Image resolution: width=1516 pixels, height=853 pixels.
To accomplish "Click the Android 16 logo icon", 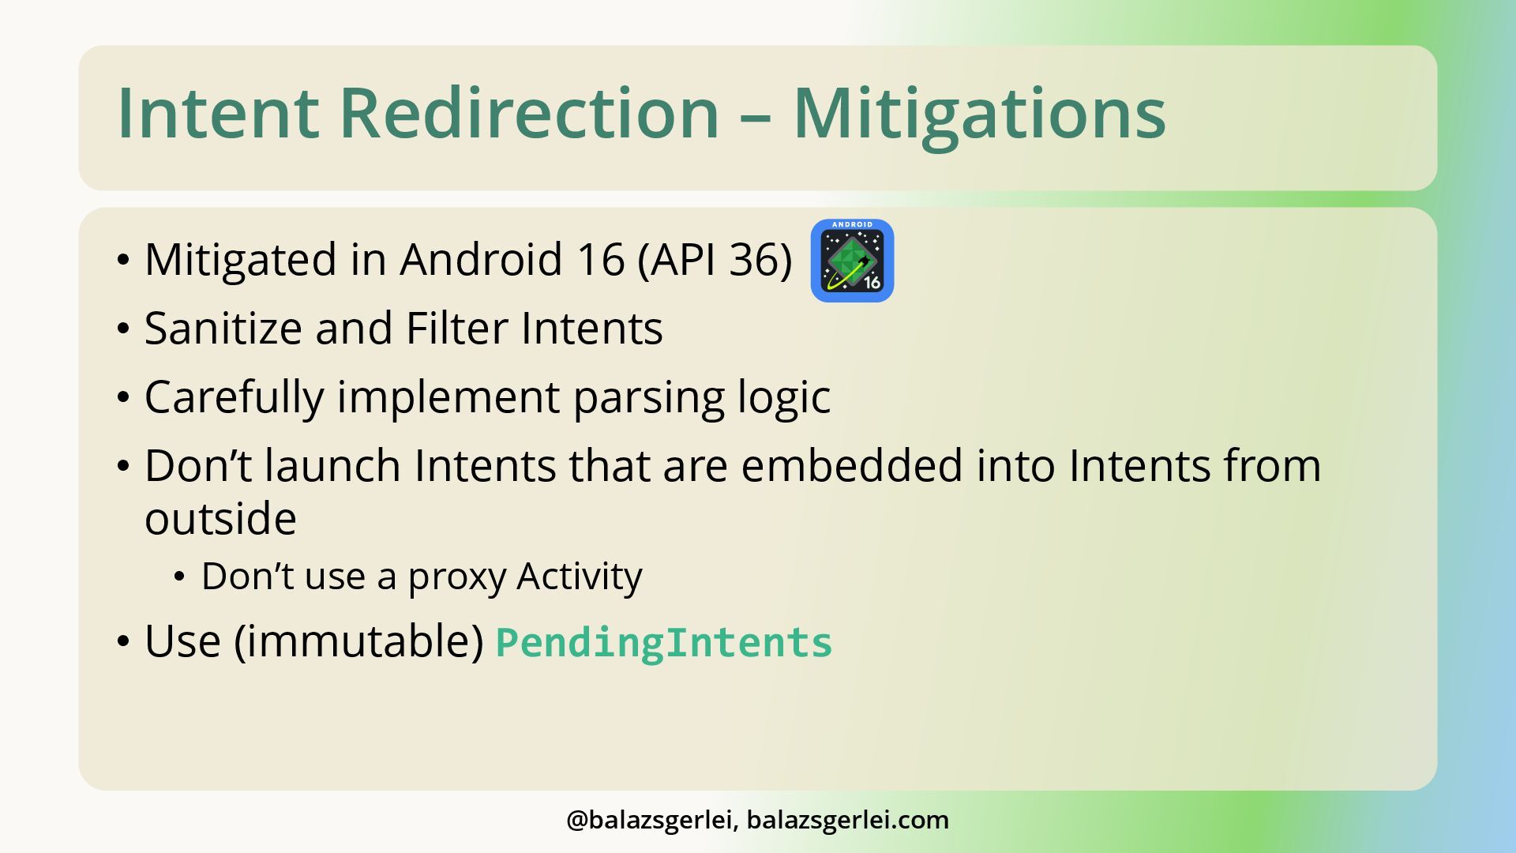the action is click(x=852, y=261).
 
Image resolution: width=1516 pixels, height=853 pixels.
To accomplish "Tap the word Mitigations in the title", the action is click(x=979, y=114).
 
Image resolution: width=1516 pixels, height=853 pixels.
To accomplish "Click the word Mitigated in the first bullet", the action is click(x=241, y=260).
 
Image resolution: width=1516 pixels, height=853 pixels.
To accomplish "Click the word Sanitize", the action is click(x=223, y=328).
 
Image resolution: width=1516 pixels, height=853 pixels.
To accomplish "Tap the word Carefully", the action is click(x=234, y=398).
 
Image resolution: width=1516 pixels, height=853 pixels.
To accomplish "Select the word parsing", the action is click(x=648, y=398).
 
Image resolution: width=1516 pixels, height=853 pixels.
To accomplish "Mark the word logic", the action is click(x=783, y=398).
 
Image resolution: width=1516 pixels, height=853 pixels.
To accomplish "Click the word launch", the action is click(x=332, y=465).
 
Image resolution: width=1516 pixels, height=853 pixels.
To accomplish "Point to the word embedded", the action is click(x=852, y=465).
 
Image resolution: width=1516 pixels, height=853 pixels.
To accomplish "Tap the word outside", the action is click(x=220, y=519).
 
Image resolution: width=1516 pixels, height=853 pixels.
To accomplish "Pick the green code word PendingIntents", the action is click(x=664, y=642).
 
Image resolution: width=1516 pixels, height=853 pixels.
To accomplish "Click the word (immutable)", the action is click(x=358, y=641).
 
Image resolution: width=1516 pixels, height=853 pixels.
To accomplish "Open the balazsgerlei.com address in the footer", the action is click(x=848, y=821).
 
